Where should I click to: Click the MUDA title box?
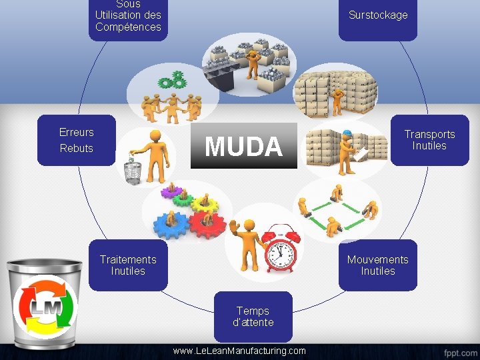[243, 145]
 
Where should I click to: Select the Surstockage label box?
[378, 16]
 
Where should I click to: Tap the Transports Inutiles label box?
[429, 140]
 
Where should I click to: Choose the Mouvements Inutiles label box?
[378, 265]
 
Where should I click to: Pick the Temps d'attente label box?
[253, 316]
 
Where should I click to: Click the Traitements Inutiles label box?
[128, 265]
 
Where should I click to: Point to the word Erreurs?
[77, 132]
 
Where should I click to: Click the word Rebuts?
[77, 148]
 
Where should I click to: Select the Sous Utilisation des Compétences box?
[128, 17]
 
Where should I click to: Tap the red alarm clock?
[281, 248]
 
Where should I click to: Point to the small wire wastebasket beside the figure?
[133, 169]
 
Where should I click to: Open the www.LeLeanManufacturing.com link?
[239, 351]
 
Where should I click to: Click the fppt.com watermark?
[461, 351]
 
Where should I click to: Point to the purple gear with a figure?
[172, 193]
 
